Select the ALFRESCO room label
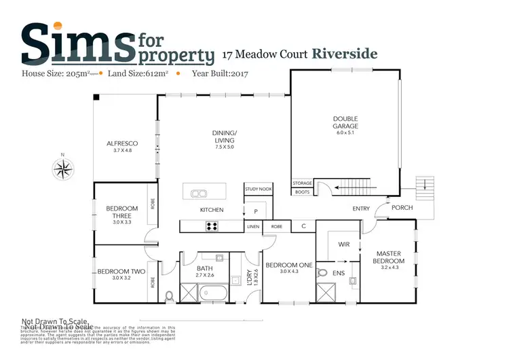coord(122,143)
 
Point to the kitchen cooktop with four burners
coord(212,227)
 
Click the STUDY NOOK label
coord(258,189)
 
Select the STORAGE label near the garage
coord(302,183)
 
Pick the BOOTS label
coord(302,192)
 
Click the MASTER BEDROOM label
coord(390,257)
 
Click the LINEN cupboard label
coord(253,226)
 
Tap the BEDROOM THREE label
coord(121,212)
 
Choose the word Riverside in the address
coord(345,54)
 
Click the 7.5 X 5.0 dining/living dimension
coord(224,147)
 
